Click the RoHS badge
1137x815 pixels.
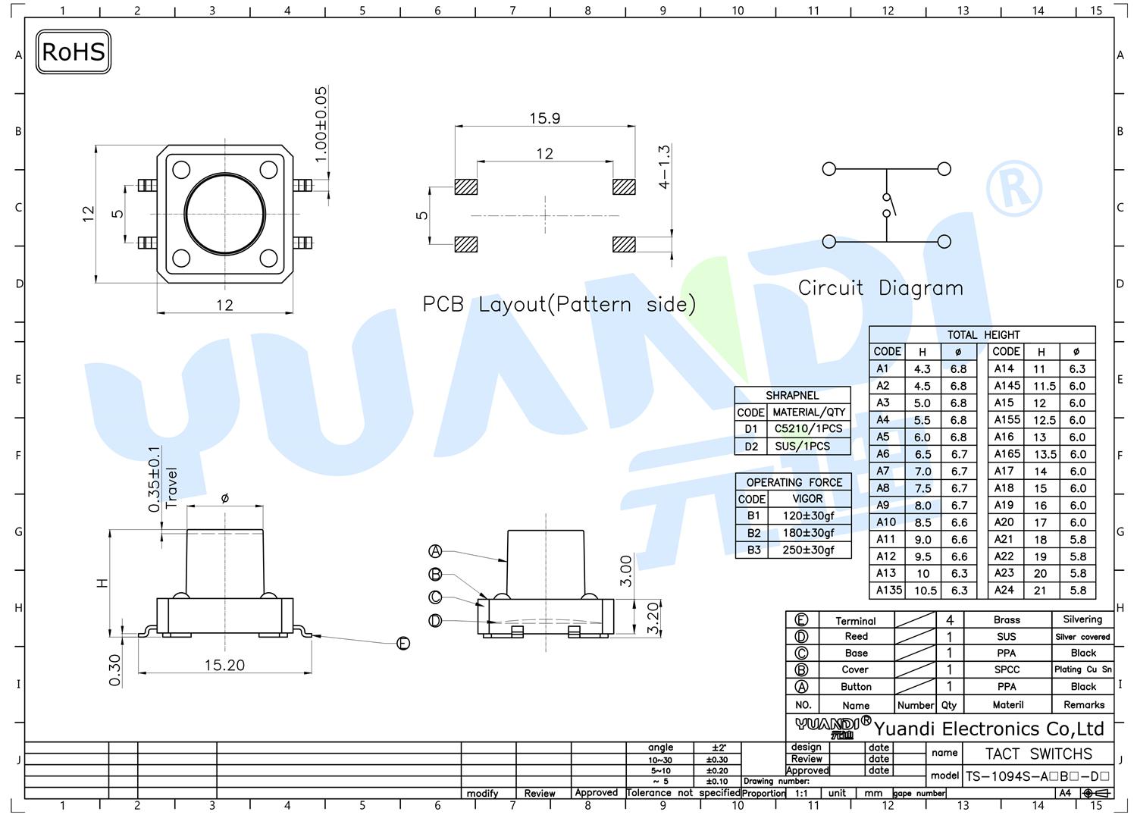coord(73,52)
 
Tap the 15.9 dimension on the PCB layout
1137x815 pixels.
coord(545,118)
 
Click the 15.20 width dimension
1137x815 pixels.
coord(224,665)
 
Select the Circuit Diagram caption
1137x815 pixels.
coord(881,288)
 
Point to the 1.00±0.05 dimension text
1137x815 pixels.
coord(321,124)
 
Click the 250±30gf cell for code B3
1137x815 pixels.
coord(809,550)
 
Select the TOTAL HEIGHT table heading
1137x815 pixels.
coord(983,334)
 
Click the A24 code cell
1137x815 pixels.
coord(1004,590)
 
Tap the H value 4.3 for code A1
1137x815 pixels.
coord(922,369)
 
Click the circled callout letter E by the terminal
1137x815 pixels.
coord(403,644)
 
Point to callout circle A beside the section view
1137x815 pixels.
coord(436,551)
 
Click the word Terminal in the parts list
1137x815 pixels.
coord(856,621)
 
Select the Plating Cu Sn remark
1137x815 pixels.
coord(1083,669)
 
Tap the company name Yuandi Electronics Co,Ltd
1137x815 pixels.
coord(988,729)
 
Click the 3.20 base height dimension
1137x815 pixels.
coord(653,619)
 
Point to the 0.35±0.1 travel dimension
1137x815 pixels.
coord(155,479)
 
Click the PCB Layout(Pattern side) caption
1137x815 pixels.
coord(559,304)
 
